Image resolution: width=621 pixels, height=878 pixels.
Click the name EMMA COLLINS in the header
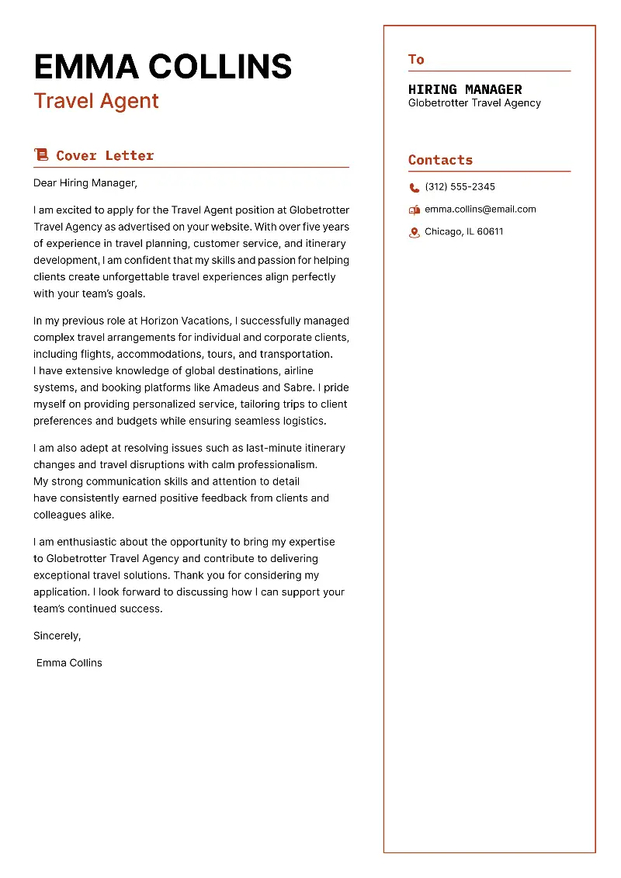[163, 67]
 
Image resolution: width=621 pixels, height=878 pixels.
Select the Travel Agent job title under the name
[96, 101]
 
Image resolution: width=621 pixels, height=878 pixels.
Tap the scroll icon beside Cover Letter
[41, 155]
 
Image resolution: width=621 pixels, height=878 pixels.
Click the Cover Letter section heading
[105, 155]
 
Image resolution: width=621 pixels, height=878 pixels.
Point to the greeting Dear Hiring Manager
[85, 183]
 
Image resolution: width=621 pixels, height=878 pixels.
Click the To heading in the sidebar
[416, 60]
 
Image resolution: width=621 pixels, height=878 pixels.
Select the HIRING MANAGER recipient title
[465, 89]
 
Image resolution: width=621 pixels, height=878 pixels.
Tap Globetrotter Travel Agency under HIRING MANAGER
[474, 103]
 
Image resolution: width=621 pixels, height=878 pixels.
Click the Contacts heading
[440, 160]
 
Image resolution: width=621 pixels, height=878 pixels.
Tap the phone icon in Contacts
[415, 187]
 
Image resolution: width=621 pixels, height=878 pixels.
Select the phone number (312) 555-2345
[460, 187]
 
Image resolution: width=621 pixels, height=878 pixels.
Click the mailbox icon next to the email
[415, 210]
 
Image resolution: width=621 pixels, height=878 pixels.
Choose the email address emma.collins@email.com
[480, 210]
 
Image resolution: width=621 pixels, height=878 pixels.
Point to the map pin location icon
[415, 232]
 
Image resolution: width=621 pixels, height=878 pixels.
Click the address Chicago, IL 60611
[463, 232]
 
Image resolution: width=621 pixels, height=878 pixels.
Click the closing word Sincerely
[57, 636]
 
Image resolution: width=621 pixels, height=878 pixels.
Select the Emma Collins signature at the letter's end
[69, 663]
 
